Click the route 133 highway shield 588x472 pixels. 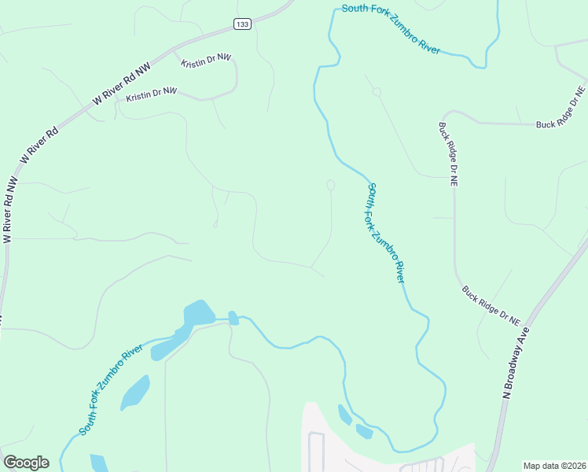(x=242, y=25)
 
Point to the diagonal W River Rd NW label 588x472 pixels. (x=121, y=85)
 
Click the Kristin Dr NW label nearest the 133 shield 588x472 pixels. (x=207, y=61)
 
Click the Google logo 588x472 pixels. (x=26, y=463)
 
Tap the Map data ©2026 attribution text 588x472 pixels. (x=554, y=466)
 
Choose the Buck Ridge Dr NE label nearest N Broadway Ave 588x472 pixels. (x=491, y=305)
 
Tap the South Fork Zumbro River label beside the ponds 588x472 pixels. (x=111, y=390)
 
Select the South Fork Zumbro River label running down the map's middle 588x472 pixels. (x=387, y=233)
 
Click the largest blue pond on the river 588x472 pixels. (x=198, y=313)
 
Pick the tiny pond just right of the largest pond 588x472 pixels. (x=233, y=318)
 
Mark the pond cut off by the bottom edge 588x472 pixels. (x=98, y=463)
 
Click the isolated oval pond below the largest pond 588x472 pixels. (x=135, y=392)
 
